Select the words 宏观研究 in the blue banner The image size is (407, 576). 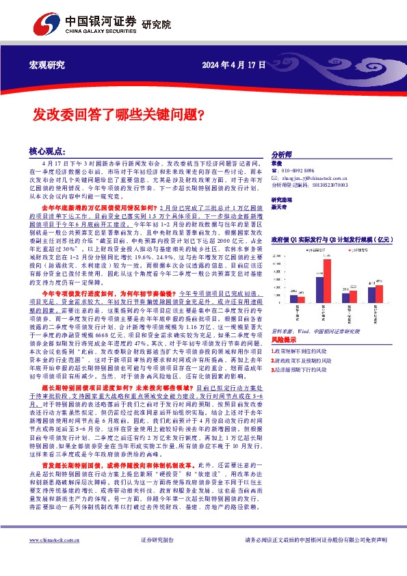tap(46, 65)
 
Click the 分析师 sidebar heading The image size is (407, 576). tap(282, 155)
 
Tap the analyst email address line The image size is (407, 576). tap(314, 178)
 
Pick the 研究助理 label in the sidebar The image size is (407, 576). tap(282, 197)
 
